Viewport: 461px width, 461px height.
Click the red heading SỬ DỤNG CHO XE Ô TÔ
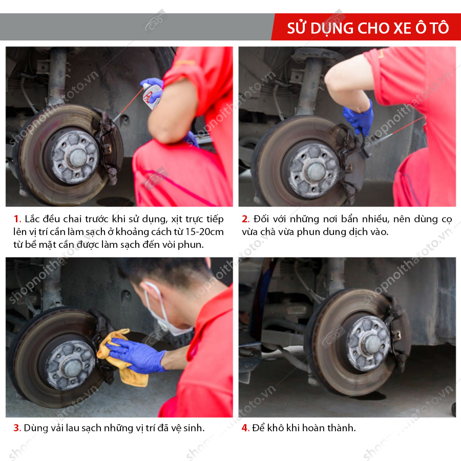368,28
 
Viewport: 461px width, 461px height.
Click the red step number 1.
17,219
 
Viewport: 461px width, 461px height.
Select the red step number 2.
245,219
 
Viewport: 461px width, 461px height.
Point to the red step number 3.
17,428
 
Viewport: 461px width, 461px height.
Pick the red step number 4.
245,428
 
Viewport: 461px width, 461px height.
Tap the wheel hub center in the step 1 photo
78,158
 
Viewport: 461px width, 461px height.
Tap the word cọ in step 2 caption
447,220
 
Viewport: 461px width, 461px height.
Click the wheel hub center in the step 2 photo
316,172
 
